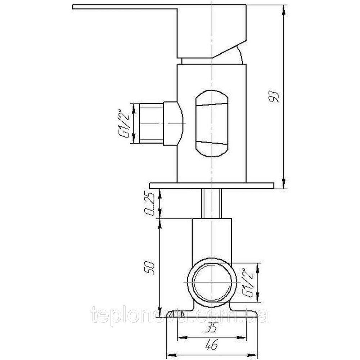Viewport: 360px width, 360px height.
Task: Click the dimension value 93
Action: [x=274, y=97]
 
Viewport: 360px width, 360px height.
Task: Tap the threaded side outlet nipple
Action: [x=152, y=123]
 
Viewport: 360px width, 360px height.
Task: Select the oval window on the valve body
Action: [x=212, y=123]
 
